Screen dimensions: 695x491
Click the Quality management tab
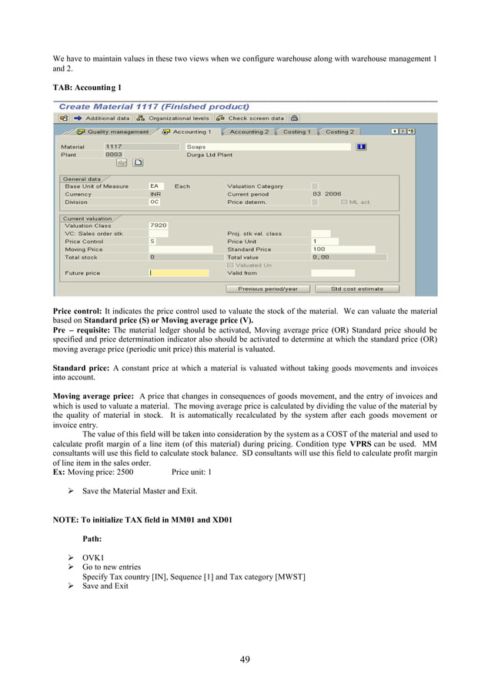pos(113,132)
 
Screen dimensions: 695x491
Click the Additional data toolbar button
pos(102,119)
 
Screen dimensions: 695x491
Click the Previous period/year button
pos(267,289)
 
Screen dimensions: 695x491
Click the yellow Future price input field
pos(179,273)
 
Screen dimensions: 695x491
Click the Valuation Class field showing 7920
pos(159,226)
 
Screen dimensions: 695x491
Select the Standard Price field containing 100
pos(342,249)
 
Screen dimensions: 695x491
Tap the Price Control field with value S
pos(159,242)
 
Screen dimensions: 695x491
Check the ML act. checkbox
pos(343,202)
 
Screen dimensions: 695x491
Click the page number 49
pos(245,659)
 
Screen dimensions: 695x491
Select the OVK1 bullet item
pos(93,556)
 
